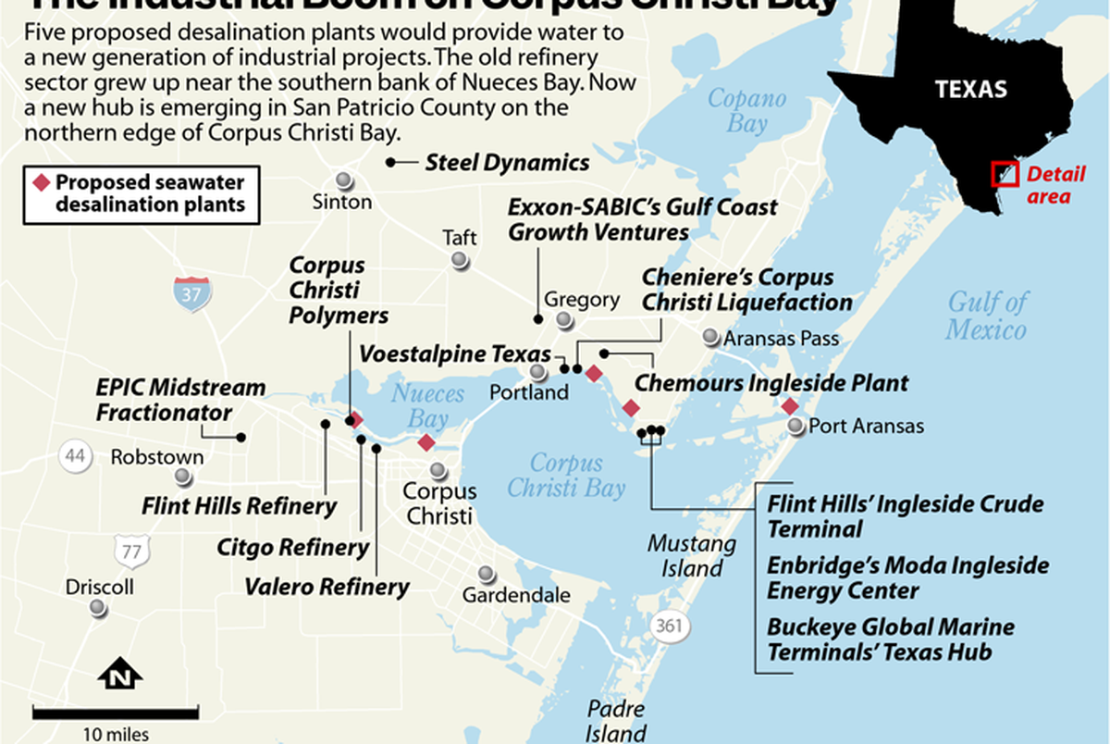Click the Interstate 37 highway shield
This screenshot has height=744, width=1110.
(192, 293)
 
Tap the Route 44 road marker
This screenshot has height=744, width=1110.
(73, 455)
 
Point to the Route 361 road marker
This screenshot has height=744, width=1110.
(669, 626)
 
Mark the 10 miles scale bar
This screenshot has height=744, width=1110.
(116, 713)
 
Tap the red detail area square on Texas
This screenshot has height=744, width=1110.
(1005, 174)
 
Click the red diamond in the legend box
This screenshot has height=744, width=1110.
(41, 182)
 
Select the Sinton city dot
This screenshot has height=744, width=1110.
(344, 180)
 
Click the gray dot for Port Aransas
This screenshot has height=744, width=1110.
(797, 426)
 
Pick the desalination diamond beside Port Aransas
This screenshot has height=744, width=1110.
(790, 406)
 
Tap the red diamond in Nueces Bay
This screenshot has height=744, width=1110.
(425, 442)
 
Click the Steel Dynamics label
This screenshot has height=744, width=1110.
(507, 163)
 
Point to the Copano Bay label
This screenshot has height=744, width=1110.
(747, 110)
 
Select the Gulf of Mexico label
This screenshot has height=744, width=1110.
(987, 316)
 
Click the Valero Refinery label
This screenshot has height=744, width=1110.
(327, 586)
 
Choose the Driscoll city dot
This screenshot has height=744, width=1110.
(98, 608)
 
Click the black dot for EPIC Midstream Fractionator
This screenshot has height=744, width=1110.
(240, 437)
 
